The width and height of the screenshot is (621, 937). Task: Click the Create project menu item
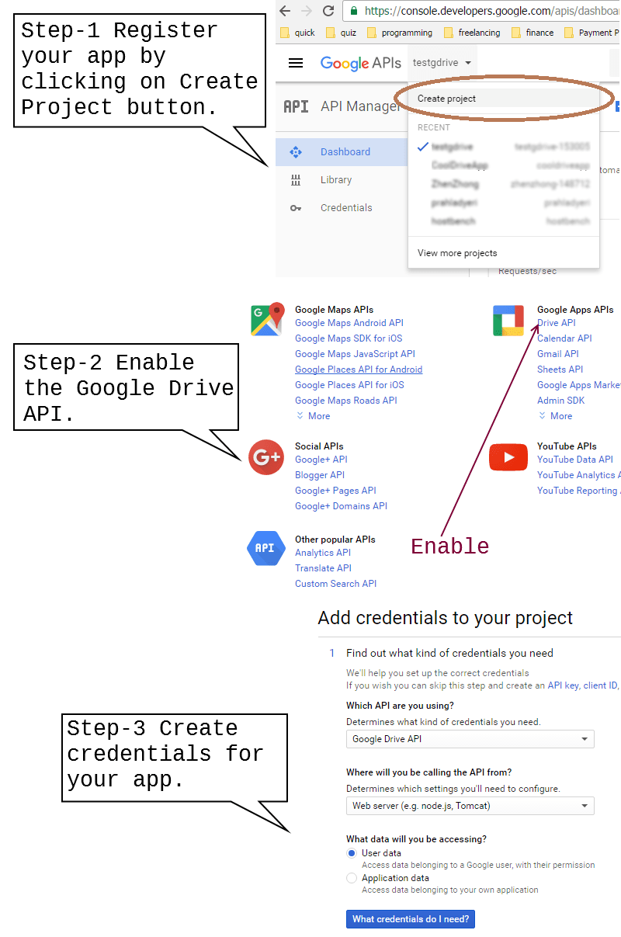447,99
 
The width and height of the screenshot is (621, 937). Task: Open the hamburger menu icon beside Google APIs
296,63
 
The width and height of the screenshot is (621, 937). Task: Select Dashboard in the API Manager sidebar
345,152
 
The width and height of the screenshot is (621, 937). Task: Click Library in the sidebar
335,180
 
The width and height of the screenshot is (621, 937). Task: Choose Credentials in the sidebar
345,208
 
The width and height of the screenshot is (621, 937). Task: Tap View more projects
457,253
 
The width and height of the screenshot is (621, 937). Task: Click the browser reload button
328,11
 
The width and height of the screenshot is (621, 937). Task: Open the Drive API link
557,323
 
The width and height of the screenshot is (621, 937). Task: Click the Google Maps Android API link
349,323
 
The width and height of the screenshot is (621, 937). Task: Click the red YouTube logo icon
508,458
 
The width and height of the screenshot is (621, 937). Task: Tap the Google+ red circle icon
266,458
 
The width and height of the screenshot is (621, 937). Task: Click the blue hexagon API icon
265,548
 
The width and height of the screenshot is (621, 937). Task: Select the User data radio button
352,853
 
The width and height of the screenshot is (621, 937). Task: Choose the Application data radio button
352,878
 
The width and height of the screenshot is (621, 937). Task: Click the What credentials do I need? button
410,919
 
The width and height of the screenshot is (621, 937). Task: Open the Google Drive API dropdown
470,739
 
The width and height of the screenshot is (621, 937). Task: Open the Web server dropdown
470,806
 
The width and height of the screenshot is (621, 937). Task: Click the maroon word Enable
449,547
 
